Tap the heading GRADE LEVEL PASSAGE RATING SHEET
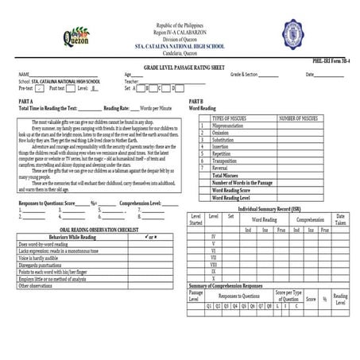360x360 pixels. point(180,69)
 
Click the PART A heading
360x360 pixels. point(26,102)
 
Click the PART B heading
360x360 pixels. point(195,102)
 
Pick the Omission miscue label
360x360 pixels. point(223,132)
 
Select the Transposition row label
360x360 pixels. point(226,161)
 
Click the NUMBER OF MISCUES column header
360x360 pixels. point(298,118)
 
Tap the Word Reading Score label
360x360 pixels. point(231,190)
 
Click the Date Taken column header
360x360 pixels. point(340,219)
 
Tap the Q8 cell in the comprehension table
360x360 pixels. point(270,305)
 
